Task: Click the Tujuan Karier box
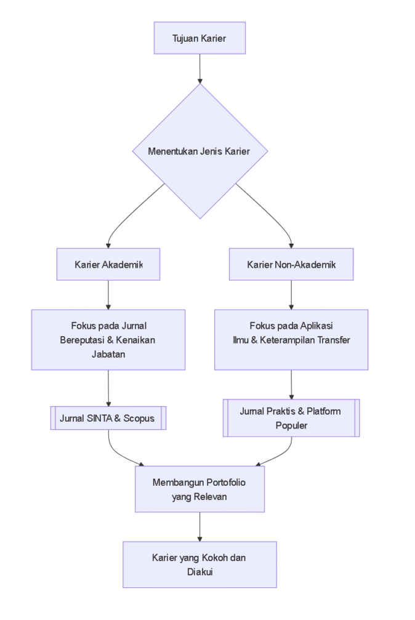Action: coord(199,38)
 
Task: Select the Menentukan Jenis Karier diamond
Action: coord(199,151)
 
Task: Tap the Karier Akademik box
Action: coord(108,264)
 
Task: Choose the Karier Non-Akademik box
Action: coord(291,264)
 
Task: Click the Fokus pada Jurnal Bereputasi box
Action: coord(108,339)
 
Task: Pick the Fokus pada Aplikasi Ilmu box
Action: coord(291,339)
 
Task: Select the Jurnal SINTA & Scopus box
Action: coord(108,419)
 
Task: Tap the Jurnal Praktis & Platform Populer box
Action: coord(291,418)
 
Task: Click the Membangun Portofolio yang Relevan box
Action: coord(199,489)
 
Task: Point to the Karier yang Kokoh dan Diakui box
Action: coord(199,565)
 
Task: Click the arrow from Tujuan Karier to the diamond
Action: coord(199,68)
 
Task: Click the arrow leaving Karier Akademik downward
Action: coord(108,294)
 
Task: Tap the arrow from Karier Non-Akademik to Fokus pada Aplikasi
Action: coord(291,294)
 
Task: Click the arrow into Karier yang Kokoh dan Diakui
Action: coord(199,526)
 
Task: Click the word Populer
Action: coord(291,425)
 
